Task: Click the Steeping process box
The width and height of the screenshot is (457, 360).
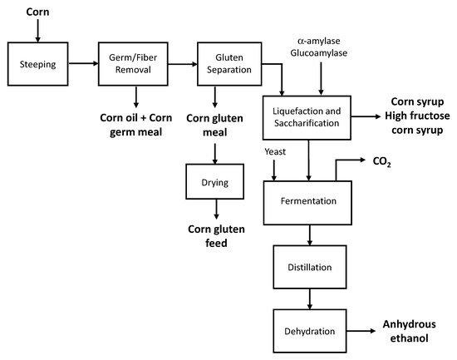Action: click(38, 62)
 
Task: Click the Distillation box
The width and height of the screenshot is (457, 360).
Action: click(310, 268)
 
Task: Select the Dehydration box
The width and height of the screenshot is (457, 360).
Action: click(310, 330)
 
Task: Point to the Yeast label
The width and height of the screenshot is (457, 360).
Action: click(275, 152)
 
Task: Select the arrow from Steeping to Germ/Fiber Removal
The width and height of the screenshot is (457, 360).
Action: click(82, 62)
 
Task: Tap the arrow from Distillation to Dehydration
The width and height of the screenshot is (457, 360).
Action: click(310, 297)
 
